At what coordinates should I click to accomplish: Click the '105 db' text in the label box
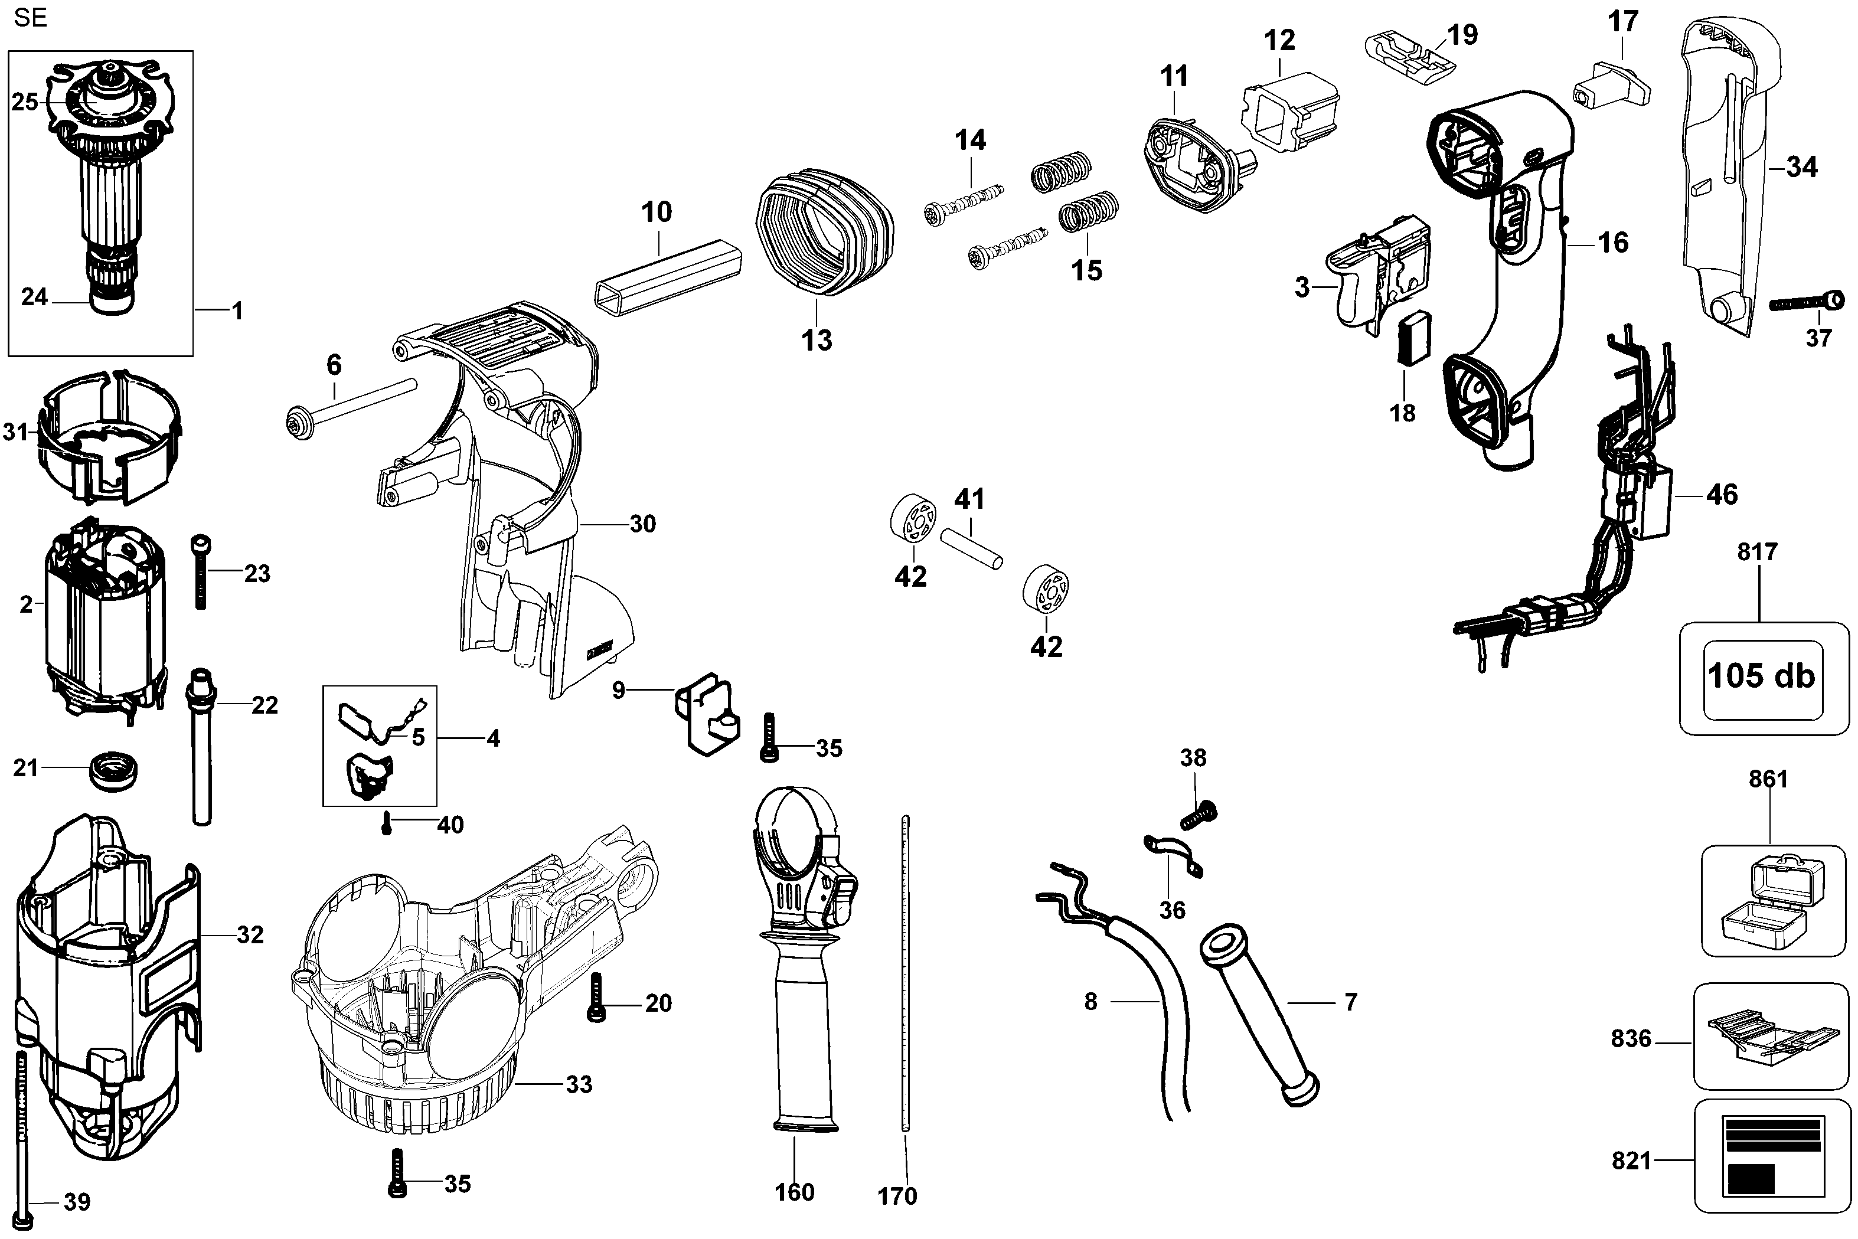(1762, 676)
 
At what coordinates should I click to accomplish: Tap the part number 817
(1757, 551)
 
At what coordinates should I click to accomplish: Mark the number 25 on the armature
(24, 102)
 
